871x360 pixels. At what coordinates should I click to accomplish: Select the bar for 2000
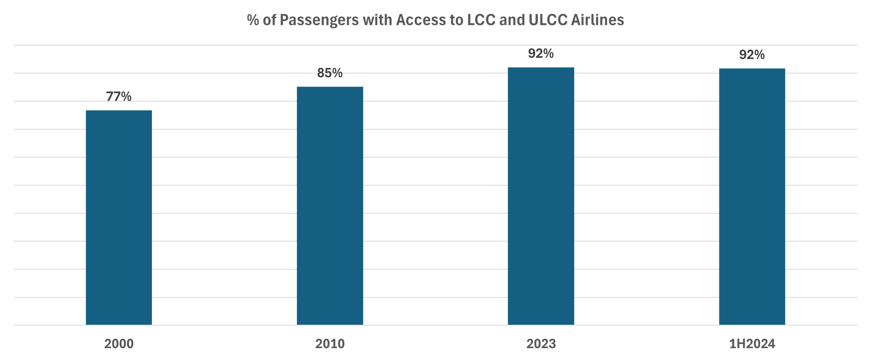(x=119, y=217)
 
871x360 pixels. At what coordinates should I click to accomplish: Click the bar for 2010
(x=330, y=205)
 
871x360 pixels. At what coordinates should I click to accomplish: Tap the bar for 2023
(x=541, y=196)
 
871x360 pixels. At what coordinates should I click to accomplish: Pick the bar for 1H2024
(x=752, y=196)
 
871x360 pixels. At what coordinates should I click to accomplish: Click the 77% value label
(x=119, y=97)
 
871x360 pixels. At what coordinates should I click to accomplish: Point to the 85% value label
(x=330, y=73)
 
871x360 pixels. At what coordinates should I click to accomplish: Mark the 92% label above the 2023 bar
(x=541, y=53)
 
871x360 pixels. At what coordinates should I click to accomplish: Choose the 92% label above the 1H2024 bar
(x=752, y=55)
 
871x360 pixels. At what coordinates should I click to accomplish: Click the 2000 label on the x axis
(x=119, y=344)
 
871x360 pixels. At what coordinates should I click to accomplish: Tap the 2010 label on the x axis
(x=330, y=344)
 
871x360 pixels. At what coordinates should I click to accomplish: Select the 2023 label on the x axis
(x=541, y=344)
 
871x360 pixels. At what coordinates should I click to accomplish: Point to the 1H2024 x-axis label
(x=752, y=344)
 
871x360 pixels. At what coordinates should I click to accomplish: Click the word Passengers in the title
(x=319, y=20)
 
